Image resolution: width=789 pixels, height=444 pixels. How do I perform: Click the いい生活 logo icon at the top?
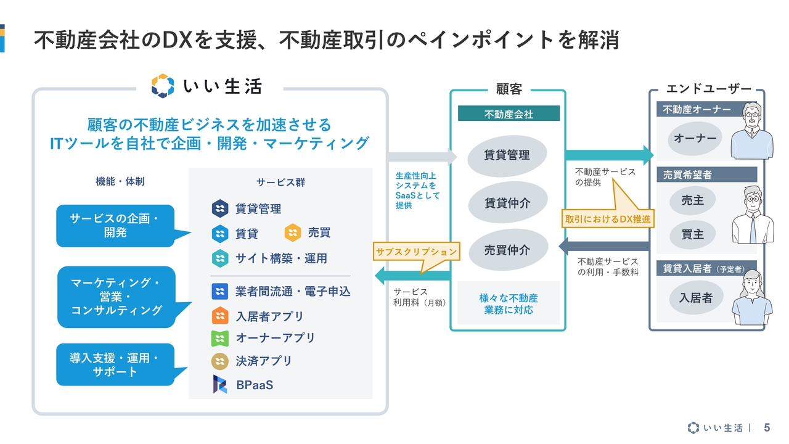coord(162,86)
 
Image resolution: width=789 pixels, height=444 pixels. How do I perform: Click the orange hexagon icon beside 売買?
coord(292,232)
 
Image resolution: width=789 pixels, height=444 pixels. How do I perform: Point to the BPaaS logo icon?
coord(220,384)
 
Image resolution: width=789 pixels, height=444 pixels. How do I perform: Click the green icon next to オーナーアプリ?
coord(220,339)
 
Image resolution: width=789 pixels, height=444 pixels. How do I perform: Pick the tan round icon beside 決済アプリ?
coord(220,361)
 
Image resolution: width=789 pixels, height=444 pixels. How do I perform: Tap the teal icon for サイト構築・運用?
coord(220,258)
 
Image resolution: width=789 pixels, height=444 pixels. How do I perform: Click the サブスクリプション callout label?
coord(416,251)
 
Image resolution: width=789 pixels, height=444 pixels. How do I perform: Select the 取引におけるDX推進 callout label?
coord(608,219)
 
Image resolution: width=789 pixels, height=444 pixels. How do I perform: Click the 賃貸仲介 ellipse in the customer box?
coord(507,202)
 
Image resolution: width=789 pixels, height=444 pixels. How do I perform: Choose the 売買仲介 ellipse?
coord(507,250)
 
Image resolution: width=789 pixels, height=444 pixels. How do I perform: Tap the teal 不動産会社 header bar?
coord(509,113)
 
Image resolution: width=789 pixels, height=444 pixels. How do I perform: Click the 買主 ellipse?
coord(692,234)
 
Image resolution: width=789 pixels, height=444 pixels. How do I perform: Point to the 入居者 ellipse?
coord(696,298)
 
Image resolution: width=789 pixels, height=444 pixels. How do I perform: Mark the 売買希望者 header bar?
coord(706,175)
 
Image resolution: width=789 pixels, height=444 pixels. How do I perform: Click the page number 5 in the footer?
coord(767,427)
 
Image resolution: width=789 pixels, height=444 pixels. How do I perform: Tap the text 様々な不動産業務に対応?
coord(509,304)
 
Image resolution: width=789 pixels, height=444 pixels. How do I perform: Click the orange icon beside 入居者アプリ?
coord(220,315)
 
